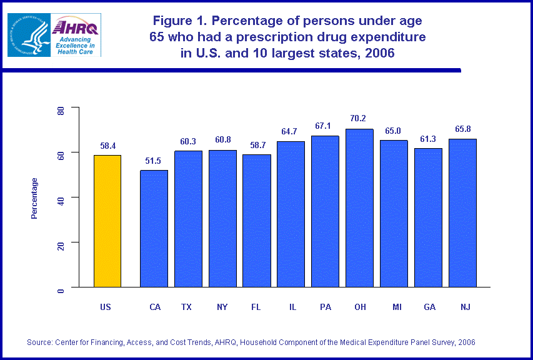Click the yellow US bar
[x=107, y=221]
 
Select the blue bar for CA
[x=154, y=228]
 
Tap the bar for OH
[x=359, y=207]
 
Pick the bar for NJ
[x=462, y=212]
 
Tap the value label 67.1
[x=323, y=126]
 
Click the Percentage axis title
[x=34, y=198]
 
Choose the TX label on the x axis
[x=186, y=307]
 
